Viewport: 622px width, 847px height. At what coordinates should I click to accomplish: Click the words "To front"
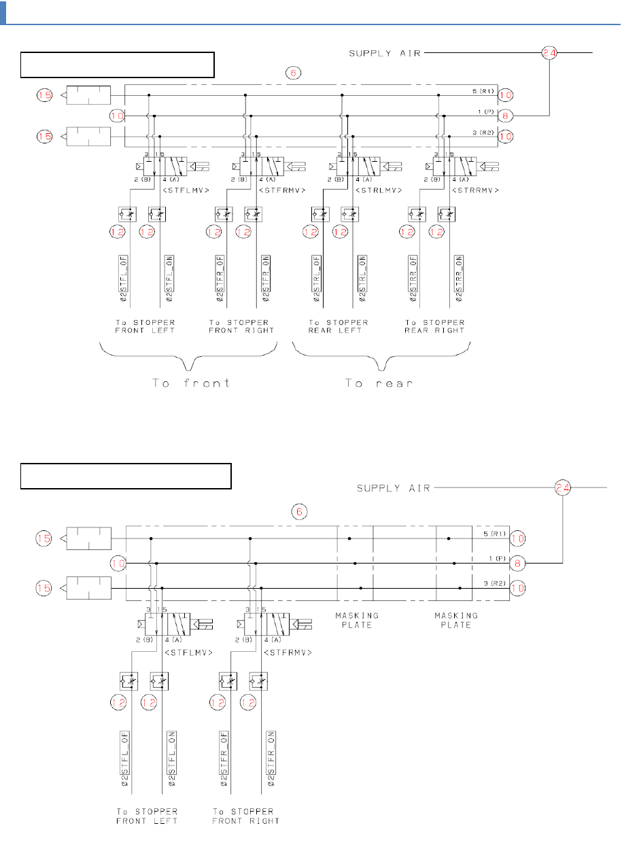tap(191, 383)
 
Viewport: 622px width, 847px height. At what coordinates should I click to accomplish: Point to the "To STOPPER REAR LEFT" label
tap(338, 326)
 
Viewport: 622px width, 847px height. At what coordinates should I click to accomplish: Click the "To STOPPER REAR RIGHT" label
tap(435, 326)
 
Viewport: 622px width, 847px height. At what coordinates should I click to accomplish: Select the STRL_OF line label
tap(317, 278)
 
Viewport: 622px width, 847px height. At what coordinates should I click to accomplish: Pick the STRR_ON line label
tap(459, 278)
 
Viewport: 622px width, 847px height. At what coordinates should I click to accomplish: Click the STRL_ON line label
tap(362, 278)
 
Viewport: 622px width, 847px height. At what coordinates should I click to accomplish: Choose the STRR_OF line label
tap(413, 278)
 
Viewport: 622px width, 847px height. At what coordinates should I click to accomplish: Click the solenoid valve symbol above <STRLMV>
tap(358, 166)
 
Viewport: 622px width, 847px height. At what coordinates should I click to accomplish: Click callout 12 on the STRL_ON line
tap(340, 232)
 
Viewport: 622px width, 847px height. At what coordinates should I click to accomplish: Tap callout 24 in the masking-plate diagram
tap(562, 487)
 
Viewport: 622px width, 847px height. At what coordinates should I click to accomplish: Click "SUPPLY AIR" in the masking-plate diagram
tap(394, 487)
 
